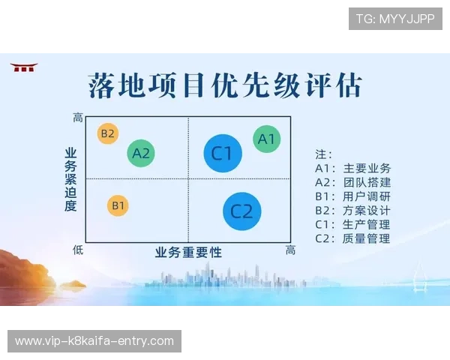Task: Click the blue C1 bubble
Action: tap(223, 153)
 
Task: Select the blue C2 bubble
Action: tap(242, 211)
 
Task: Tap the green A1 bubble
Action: tap(267, 139)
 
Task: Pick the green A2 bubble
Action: tap(141, 154)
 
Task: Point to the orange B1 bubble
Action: tap(118, 205)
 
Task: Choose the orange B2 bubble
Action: tap(108, 134)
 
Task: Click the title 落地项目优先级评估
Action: tap(224, 85)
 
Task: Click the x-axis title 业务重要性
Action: tap(188, 252)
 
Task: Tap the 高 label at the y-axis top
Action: tap(78, 118)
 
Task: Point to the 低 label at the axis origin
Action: tap(78, 249)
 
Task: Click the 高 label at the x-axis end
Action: tap(290, 250)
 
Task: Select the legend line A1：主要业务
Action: tap(353, 168)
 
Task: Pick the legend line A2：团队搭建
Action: tap(353, 182)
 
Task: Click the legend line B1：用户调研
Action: tap(353, 196)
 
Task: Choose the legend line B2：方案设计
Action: tap(353, 211)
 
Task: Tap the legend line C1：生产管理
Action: tap(353, 224)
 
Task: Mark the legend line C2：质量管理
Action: tap(353, 238)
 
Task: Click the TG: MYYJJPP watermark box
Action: tap(395, 19)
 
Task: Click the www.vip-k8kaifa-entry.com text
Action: tap(94, 341)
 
